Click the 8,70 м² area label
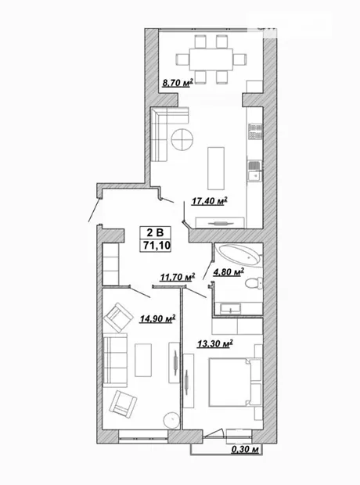point(178,83)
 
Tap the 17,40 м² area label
point(210,201)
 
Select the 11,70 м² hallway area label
point(178,277)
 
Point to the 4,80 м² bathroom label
point(229,272)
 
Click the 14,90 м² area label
point(157,318)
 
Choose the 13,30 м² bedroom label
point(215,343)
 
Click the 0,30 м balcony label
point(245,449)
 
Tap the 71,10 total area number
point(157,246)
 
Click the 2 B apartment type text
point(155,232)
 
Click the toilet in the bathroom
point(254,282)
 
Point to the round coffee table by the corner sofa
point(182,139)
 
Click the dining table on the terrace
point(211,59)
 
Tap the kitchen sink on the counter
point(255,171)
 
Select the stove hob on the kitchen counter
point(255,131)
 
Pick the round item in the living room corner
point(171,420)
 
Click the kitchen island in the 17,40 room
point(216,168)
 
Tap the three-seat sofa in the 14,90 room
point(115,361)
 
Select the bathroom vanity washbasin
point(230,308)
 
